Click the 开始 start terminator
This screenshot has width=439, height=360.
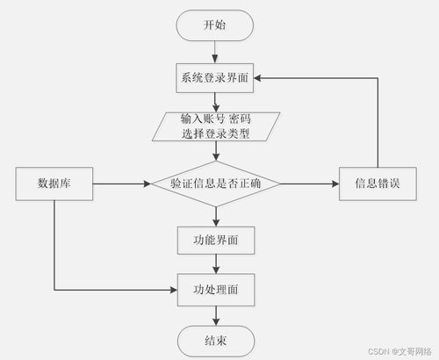[214, 25]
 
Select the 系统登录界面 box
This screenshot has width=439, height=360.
[214, 77]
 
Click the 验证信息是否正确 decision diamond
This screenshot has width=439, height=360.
[214, 184]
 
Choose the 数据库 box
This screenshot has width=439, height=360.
[54, 184]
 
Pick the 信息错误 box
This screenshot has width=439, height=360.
[378, 184]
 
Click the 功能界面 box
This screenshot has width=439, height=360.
[214, 238]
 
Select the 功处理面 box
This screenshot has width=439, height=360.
[214, 287]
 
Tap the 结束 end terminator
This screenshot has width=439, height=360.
[214, 340]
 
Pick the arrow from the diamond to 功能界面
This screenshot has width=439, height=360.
[214, 213]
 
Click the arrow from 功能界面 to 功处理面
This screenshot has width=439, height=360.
[214, 263]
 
